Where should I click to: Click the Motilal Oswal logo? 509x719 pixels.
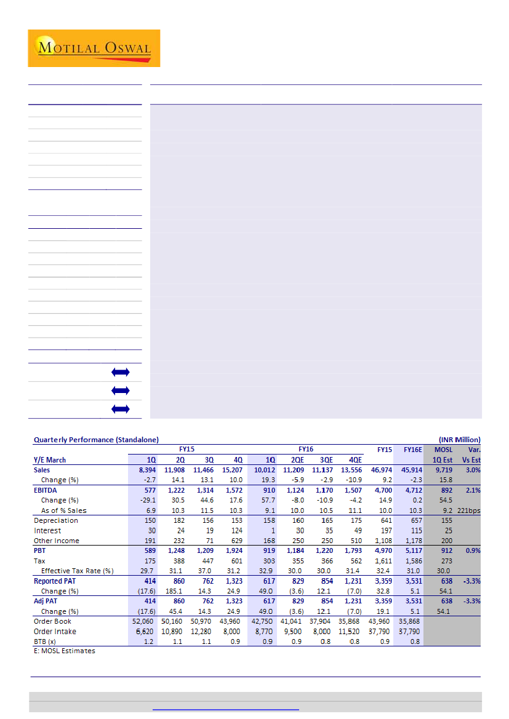click(x=94, y=48)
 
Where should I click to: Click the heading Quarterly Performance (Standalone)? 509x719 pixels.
click(x=96, y=440)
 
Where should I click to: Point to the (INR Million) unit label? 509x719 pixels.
click(x=459, y=440)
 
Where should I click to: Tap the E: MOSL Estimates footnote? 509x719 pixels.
click(x=65, y=651)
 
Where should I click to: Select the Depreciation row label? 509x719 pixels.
click(x=55, y=520)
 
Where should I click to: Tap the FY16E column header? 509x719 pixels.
click(x=412, y=450)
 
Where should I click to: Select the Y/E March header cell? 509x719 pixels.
click(x=50, y=459)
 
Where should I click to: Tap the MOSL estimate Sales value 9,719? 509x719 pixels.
click(x=442, y=470)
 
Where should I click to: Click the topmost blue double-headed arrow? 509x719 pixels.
click(x=121, y=372)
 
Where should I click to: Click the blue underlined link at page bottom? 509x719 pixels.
click(x=225, y=709)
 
